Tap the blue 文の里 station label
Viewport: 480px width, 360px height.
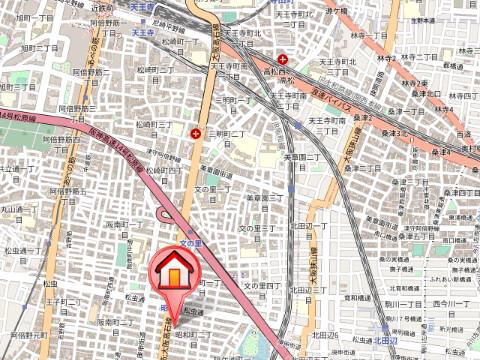[191, 242]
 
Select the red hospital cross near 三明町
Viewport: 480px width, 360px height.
[195, 130]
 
